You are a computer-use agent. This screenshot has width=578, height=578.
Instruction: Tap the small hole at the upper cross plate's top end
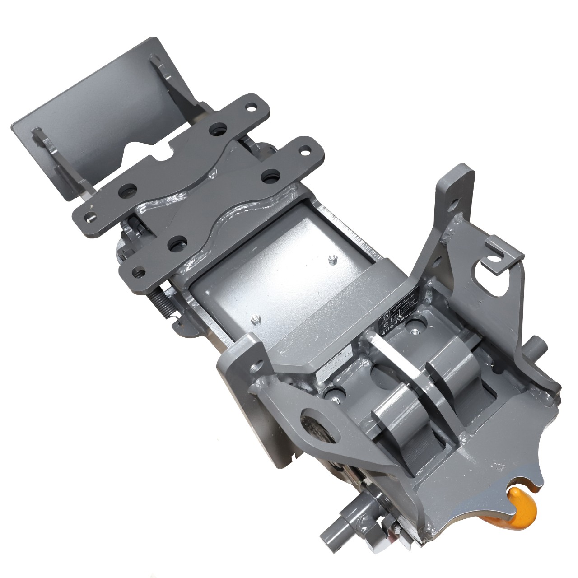point(249,107)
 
